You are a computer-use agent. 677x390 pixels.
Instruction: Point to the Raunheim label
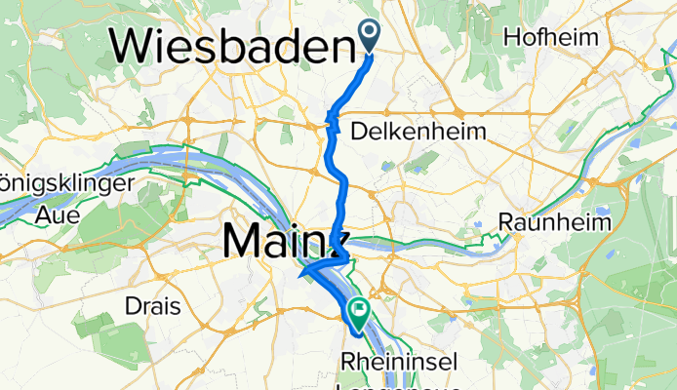554,222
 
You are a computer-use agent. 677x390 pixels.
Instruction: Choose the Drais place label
153,306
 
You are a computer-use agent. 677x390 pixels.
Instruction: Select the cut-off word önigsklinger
65,184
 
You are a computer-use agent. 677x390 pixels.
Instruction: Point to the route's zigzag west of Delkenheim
332,124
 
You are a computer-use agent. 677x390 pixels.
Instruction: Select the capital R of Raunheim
505,222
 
